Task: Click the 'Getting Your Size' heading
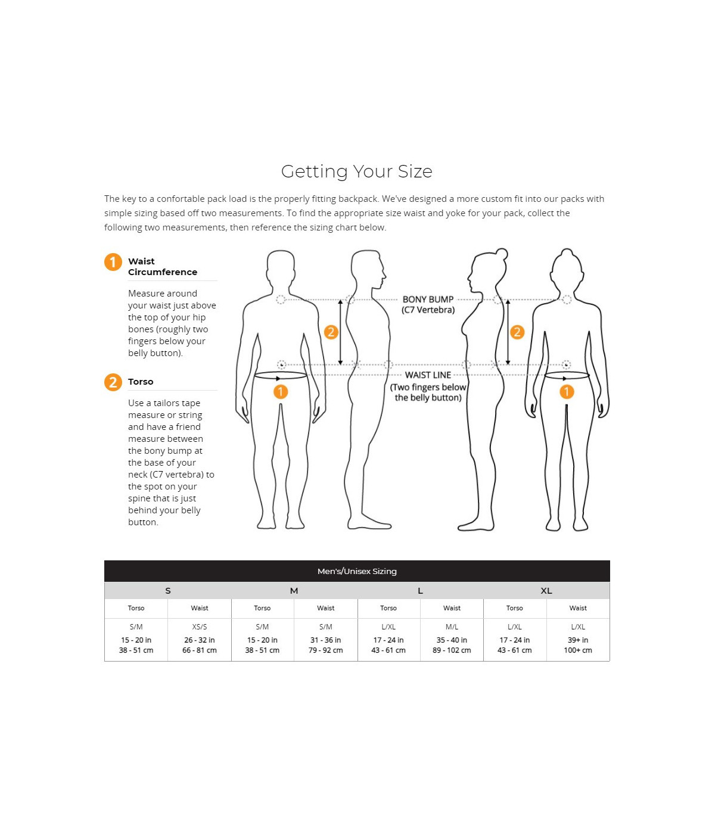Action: pos(357,171)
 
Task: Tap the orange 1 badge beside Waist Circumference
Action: pos(113,263)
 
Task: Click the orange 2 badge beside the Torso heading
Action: pos(113,382)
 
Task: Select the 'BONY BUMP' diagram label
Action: pos(428,300)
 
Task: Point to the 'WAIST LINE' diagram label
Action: pos(428,375)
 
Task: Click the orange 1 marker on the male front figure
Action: pos(281,392)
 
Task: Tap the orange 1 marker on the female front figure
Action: pos(567,392)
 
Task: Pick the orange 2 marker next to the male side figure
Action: pos(331,332)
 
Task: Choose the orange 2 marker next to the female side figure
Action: pos(517,332)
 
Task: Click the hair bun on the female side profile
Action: pos(502,254)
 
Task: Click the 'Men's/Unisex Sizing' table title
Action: pos(357,571)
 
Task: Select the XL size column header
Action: pos(546,591)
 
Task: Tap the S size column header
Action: pos(168,591)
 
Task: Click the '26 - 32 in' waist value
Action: pos(200,640)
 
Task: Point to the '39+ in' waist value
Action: pos(577,640)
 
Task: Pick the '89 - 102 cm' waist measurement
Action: pos(452,650)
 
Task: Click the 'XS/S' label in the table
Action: pos(200,627)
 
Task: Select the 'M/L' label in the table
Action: pos(452,627)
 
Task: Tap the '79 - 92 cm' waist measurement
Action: pos(325,650)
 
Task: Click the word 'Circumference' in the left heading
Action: pos(163,272)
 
